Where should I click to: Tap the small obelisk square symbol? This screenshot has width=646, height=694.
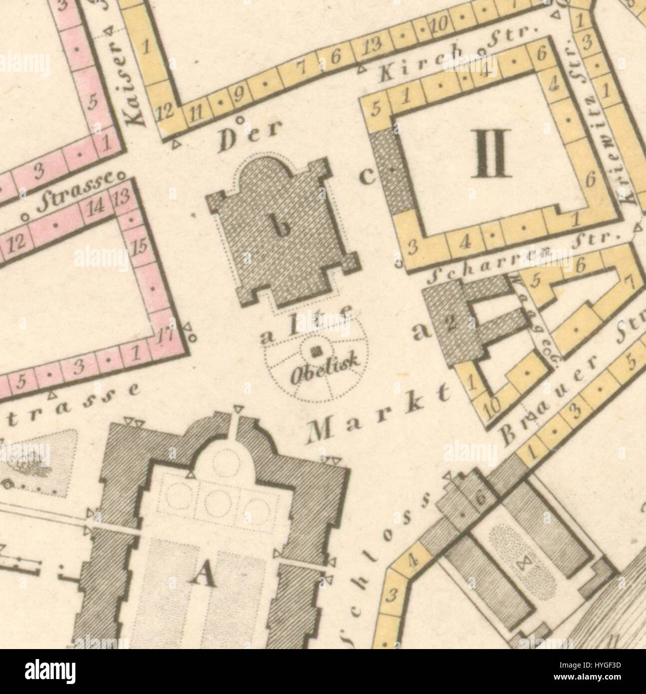coord(315,352)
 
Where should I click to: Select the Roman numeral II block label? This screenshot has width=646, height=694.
coord(492,153)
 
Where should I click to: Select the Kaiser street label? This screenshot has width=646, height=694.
coord(131,82)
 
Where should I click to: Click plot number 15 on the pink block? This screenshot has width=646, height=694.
coord(140,246)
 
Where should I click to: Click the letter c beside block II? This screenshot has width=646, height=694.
coord(366,177)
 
